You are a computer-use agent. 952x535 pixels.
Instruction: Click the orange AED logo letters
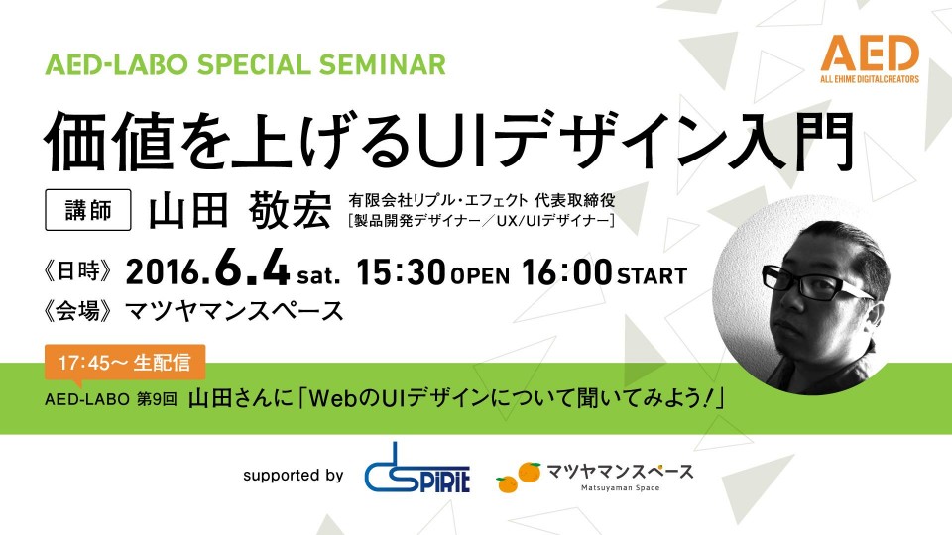(870, 53)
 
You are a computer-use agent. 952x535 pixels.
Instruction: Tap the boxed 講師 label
(88, 210)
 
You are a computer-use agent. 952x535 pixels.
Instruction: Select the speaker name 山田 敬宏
(240, 210)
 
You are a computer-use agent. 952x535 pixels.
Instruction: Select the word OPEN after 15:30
(480, 276)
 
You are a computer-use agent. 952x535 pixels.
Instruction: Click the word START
(653, 276)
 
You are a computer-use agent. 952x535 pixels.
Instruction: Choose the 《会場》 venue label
(78, 311)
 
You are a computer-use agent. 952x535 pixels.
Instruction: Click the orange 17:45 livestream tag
(125, 363)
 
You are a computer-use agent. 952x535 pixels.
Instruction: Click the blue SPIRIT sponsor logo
(417, 468)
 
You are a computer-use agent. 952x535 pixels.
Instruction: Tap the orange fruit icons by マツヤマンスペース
(518, 478)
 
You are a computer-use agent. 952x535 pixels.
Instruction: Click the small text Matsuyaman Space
(620, 487)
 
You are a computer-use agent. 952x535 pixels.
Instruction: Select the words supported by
(294, 476)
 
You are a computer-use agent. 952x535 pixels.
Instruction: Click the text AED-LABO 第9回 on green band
(110, 399)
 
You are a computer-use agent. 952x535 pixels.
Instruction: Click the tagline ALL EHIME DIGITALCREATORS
(870, 79)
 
